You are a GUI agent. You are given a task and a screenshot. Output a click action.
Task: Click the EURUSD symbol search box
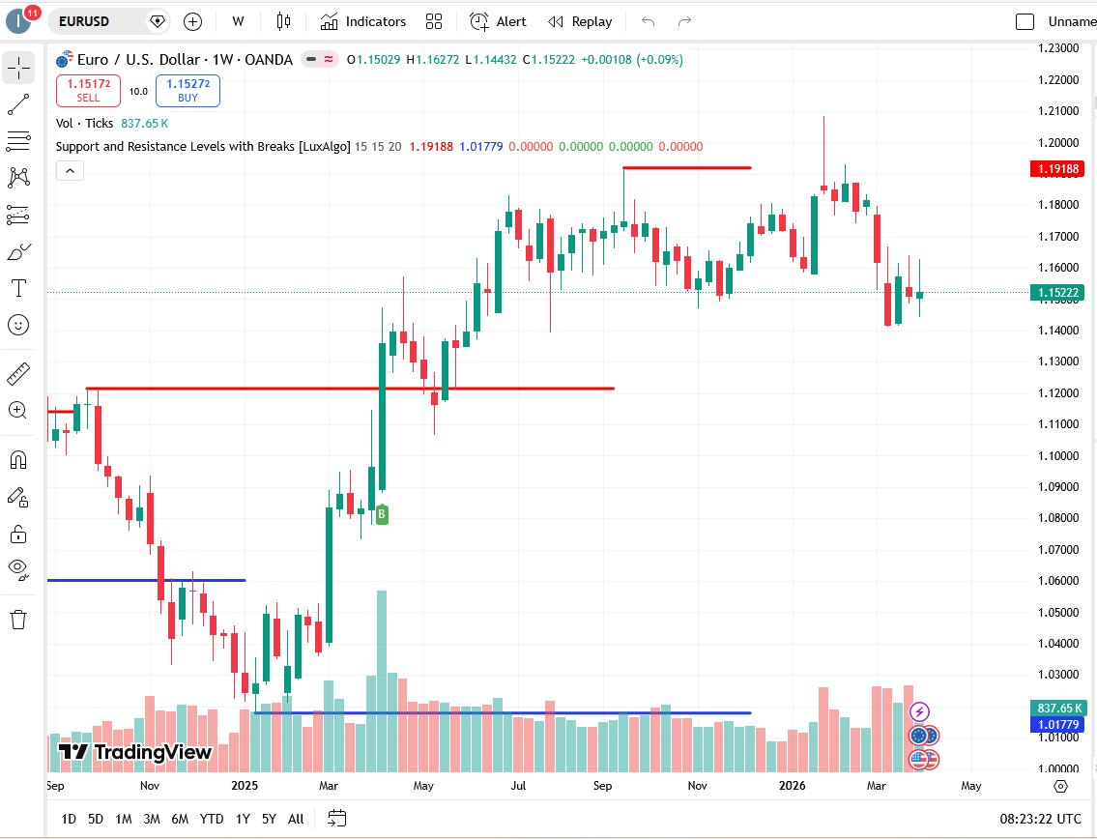(97, 21)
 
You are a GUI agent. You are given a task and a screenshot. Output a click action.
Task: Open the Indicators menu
(363, 21)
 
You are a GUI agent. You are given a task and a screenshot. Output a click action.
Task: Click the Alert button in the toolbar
(499, 21)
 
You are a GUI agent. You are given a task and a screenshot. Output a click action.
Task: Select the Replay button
(580, 21)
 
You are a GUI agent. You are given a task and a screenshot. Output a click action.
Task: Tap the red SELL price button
(88, 91)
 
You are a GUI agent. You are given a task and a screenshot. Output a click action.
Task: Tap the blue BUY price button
(188, 91)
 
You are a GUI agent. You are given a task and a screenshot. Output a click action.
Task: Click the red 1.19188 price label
(1057, 168)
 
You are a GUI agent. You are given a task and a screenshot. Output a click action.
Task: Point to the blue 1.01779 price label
(1057, 725)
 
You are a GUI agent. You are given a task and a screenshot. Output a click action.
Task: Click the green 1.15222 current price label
(1057, 292)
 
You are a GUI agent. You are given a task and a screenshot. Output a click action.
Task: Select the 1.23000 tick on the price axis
(1057, 47)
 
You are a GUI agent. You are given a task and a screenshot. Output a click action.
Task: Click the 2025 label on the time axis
(244, 786)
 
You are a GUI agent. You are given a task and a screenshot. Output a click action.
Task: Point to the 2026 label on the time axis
(793, 786)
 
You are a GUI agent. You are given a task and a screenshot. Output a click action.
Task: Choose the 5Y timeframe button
(269, 819)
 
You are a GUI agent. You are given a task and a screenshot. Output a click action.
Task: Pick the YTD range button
(212, 819)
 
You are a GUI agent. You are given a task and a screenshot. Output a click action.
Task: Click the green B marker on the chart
(382, 514)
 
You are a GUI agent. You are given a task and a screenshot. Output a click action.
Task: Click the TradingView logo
(134, 752)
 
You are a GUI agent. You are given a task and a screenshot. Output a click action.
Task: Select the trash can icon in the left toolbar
(18, 620)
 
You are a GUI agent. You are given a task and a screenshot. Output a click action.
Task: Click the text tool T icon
(18, 288)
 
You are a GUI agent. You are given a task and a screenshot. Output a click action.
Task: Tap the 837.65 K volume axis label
(1057, 709)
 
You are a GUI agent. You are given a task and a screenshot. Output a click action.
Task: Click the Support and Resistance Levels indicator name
(203, 147)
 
